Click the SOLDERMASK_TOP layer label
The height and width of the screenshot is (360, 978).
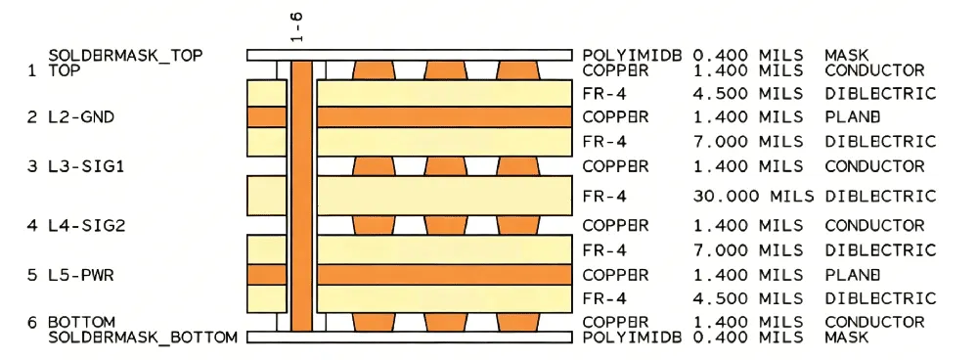[126, 56]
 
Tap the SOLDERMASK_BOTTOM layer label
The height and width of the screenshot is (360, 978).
[143, 337]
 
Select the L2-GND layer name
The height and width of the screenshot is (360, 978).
[80, 117]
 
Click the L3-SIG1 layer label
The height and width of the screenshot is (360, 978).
[85, 166]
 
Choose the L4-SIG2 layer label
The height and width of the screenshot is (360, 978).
[85, 225]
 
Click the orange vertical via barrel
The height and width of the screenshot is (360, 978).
[301, 196]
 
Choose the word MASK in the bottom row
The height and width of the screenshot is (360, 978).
[847, 337]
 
